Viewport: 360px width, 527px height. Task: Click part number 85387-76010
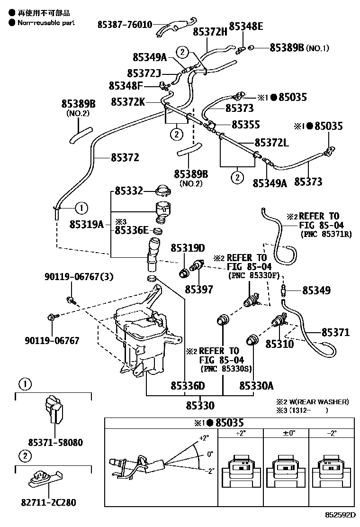(125, 24)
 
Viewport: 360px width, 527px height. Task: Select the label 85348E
(246, 26)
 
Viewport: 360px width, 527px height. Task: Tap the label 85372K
(128, 101)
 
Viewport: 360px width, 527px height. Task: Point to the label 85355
(246, 125)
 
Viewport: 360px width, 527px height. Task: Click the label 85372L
(272, 143)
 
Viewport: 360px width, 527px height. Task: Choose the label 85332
(129, 191)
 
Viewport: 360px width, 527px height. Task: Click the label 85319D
(188, 248)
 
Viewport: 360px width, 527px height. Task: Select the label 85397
(199, 290)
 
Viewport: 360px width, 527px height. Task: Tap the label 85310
(280, 344)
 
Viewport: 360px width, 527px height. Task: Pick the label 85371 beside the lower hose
(335, 332)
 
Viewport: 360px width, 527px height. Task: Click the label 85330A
(256, 386)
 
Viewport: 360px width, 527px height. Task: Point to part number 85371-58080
(55, 442)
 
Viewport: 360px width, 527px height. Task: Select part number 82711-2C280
(49, 502)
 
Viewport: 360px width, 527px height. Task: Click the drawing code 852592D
(340, 515)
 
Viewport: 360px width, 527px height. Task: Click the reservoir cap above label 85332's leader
(164, 190)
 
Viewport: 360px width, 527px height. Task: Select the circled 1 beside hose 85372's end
(81, 208)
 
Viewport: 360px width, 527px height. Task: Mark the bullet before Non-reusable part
(12, 23)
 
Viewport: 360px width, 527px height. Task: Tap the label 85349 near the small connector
(316, 291)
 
